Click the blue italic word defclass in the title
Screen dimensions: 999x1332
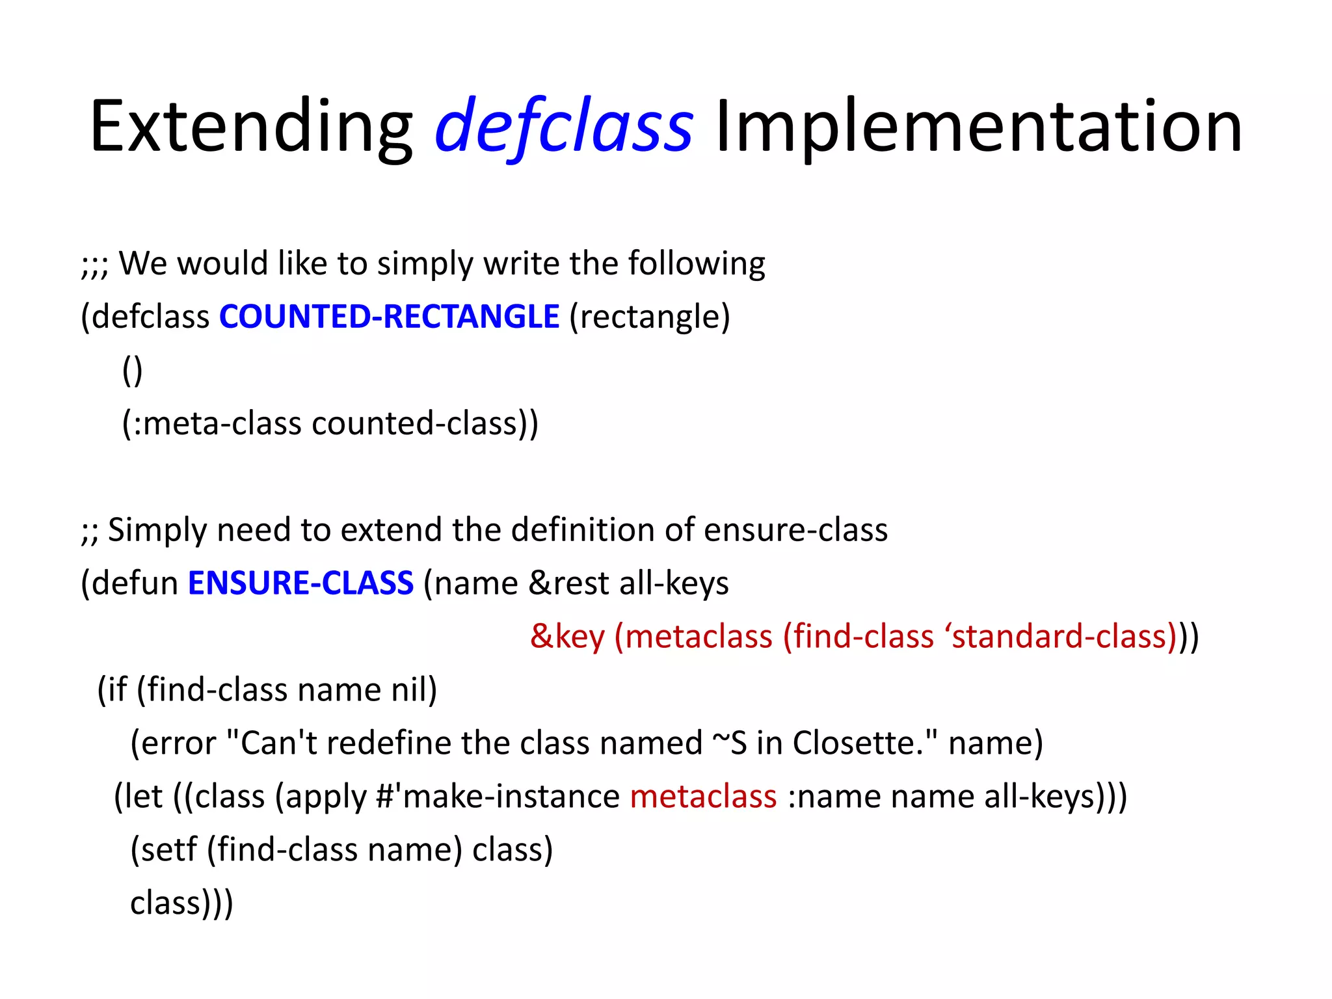[563, 126]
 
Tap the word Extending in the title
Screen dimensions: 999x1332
[250, 126]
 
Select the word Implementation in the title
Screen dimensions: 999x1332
[978, 126]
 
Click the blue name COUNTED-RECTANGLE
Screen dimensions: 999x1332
[389, 317]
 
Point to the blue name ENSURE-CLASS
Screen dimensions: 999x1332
[300, 583]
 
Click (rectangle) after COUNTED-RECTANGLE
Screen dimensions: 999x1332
[650, 317]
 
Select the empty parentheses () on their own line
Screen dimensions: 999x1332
[133, 370]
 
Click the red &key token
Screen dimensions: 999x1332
[567, 636]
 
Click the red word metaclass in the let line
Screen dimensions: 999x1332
[703, 796]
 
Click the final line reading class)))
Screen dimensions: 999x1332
[181, 903]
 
